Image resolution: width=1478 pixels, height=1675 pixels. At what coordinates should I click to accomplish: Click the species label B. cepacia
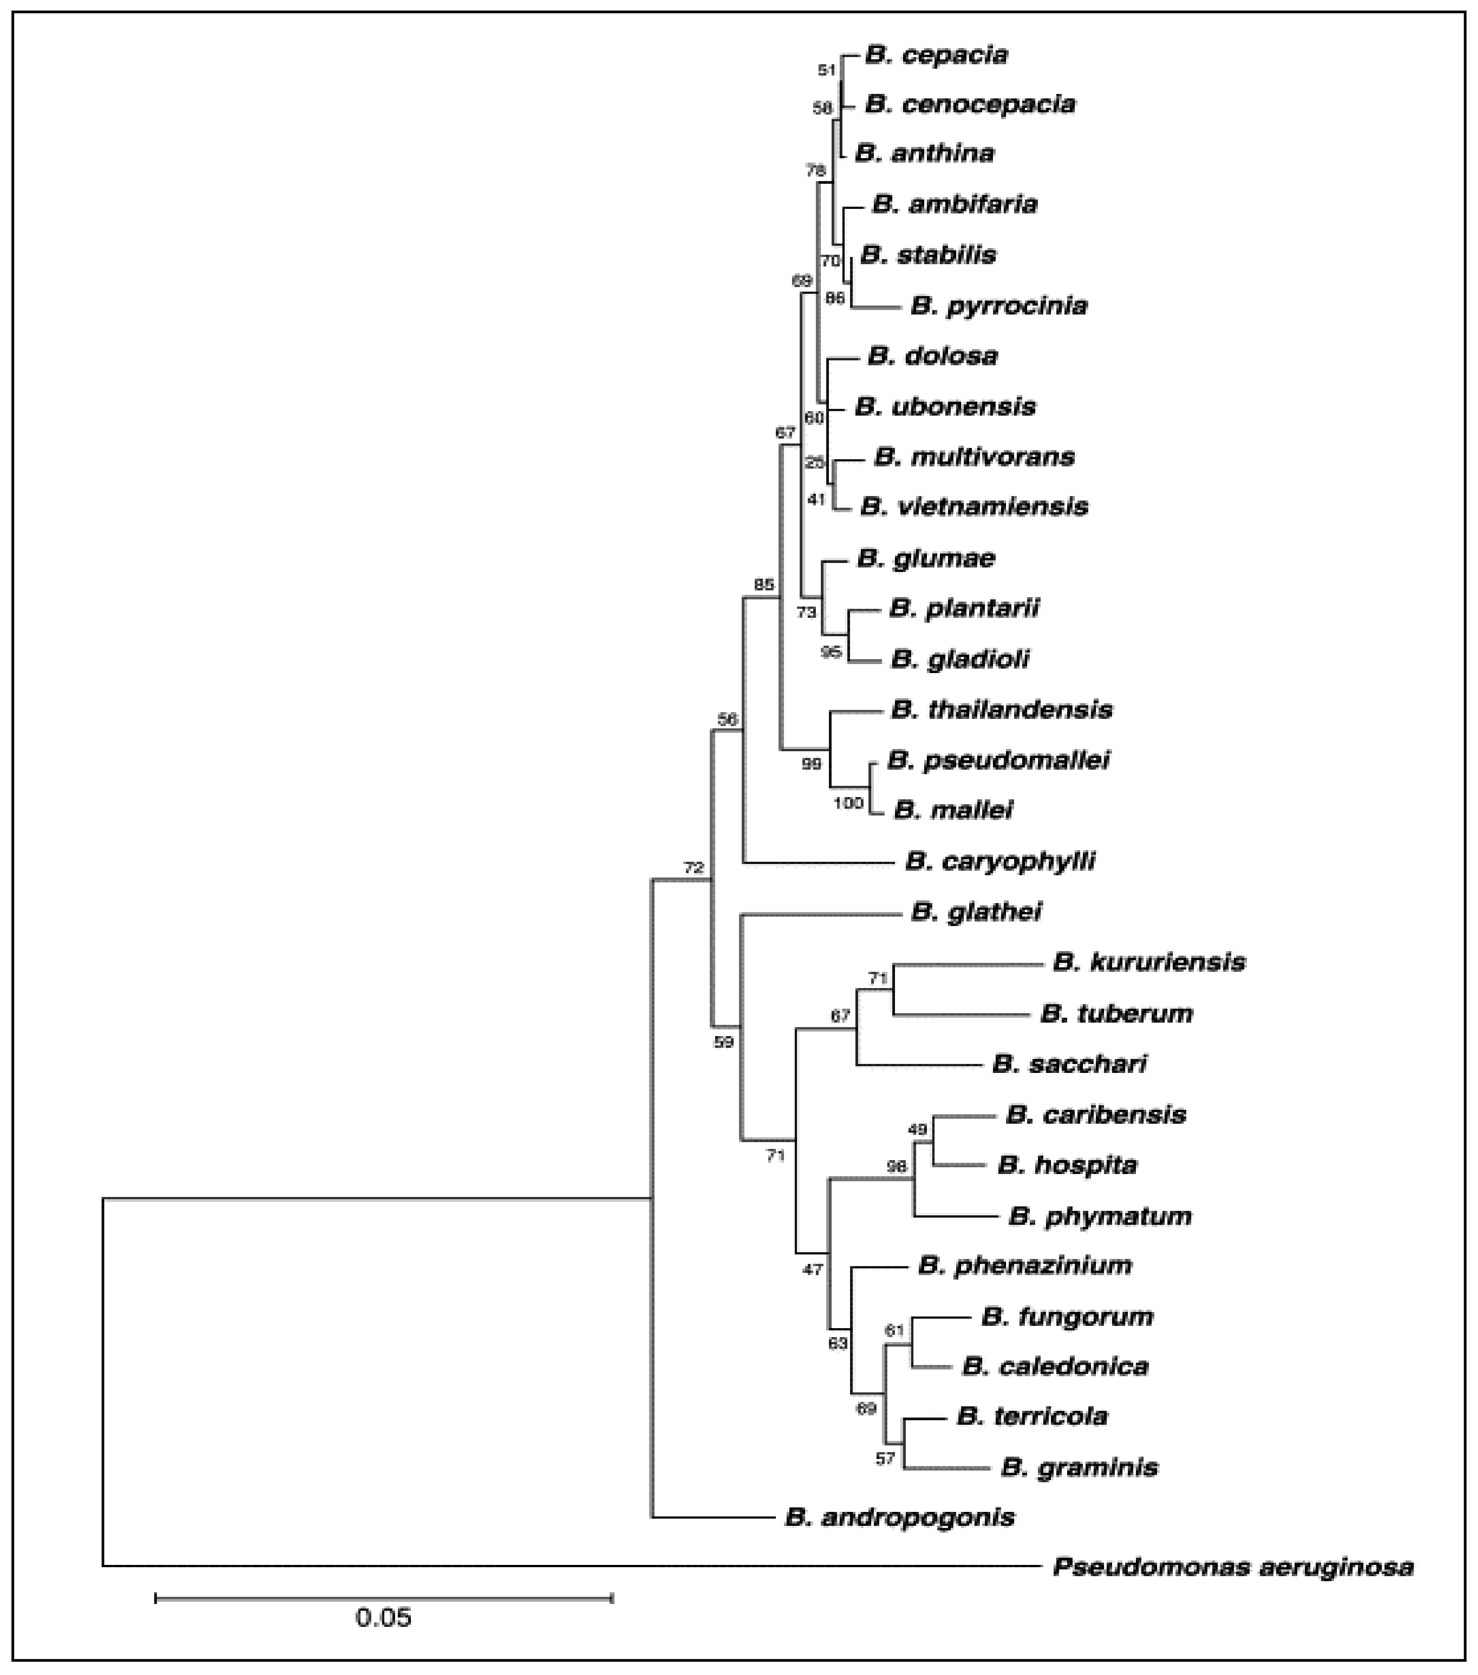[x=936, y=55]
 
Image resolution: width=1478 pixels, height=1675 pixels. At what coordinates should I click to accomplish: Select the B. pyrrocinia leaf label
[x=998, y=306]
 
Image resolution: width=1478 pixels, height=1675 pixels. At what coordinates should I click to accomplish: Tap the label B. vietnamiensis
[x=974, y=506]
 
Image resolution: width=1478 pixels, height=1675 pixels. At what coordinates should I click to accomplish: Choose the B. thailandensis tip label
[x=1002, y=709]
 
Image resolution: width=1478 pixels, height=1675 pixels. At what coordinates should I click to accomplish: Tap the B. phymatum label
[x=1100, y=1216]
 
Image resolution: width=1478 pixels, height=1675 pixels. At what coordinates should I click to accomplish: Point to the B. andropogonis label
[x=899, y=1518]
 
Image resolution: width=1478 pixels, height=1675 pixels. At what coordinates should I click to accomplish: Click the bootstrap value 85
[x=763, y=584]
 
